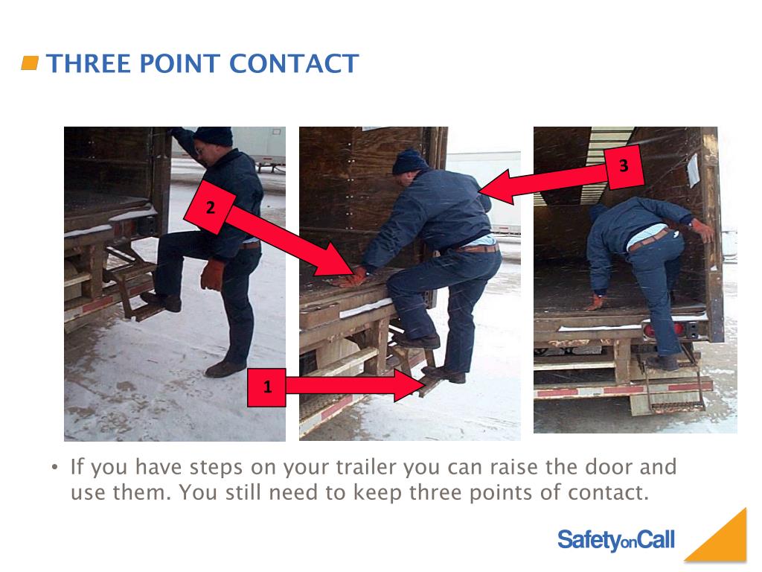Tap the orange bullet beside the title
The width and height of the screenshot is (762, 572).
pos(30,63)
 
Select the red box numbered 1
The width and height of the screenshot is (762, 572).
pos(266,387)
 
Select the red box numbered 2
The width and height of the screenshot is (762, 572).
pos(211,208)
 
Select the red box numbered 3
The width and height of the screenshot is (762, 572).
pos(624,166)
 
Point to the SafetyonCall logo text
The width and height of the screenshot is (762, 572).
pos(615,539)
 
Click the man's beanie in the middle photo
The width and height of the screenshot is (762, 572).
pos(409,161)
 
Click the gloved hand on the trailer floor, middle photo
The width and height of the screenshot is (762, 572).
pos(352,278)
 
